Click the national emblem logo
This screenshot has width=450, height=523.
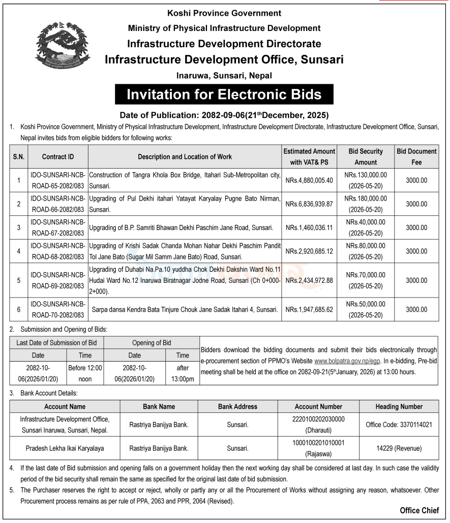(x=62, y=47)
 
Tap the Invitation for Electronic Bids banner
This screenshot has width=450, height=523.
(x=224, y=94)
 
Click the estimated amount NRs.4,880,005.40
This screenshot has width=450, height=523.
(x=309, y=180)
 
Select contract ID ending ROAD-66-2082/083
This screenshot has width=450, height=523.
(x=57, y=204)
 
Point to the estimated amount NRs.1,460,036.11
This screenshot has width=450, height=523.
(x=309, y=227)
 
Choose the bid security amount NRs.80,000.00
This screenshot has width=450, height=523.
(x=366, y=246)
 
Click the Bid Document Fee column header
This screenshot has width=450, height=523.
(x=416, y=156)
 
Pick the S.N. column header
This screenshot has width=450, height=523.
(x=19, y=157)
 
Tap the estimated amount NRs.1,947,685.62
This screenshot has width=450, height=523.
(x=309, y=309)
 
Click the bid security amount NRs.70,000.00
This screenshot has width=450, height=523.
(x=366, y=275)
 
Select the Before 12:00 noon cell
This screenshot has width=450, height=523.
(x=85, y=373)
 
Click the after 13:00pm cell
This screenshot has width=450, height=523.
(x=183, y=373)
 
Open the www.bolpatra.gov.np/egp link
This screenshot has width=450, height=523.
(x=347, y=361)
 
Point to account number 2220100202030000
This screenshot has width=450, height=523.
(x=318, y=419)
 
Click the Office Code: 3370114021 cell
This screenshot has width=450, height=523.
(x=399, y=424)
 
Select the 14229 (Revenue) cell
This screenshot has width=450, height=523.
(x=399, y=448)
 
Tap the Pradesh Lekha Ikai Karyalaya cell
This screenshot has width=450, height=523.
(x=65, y=448)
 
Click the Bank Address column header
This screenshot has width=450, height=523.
(x=237, y=407)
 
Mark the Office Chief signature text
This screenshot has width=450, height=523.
(x=419, y=510)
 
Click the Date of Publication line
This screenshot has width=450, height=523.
(x=224, y=115)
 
